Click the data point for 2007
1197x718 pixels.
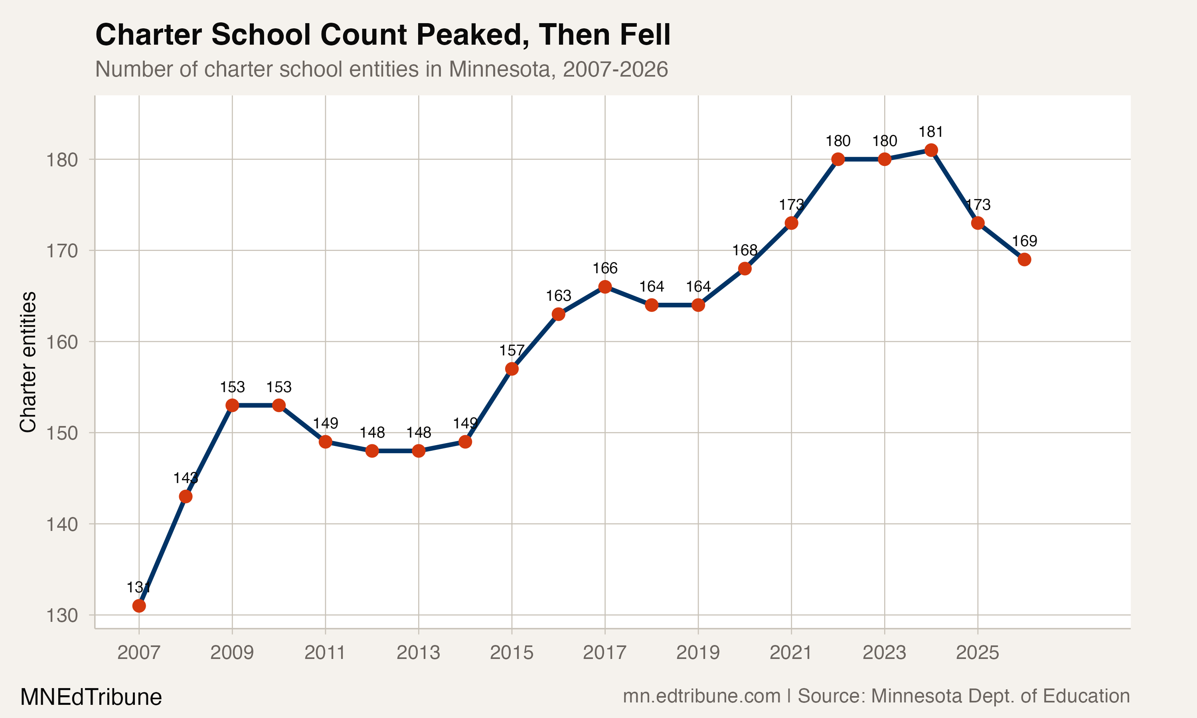139,606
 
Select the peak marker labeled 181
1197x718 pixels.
931,150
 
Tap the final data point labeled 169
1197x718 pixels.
1024,259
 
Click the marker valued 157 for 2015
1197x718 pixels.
512,369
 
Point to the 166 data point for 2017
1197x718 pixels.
605,287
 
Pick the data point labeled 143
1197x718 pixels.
185,496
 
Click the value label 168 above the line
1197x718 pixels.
745,250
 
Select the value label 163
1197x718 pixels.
558,296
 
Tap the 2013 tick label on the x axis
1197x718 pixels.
419,653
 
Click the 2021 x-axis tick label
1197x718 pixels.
791,653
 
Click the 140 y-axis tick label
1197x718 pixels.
62,525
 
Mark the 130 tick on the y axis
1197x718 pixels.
62,616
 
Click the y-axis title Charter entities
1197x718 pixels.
28,361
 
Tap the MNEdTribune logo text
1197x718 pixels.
91,697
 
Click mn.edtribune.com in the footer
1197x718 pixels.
701,696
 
